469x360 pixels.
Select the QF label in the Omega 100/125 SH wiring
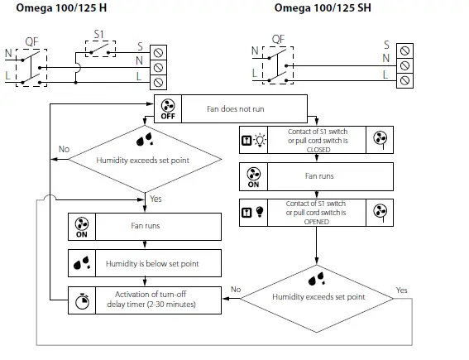[278, 38]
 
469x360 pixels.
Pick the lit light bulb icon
[259, 140]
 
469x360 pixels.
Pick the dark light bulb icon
[259, 210]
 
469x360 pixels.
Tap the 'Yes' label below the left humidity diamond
[155, 199]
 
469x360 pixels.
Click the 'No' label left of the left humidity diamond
[63, 149]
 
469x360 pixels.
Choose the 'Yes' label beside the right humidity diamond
[402, 290]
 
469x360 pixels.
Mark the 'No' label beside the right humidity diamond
[236, 290]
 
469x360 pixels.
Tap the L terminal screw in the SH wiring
[404, 79]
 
